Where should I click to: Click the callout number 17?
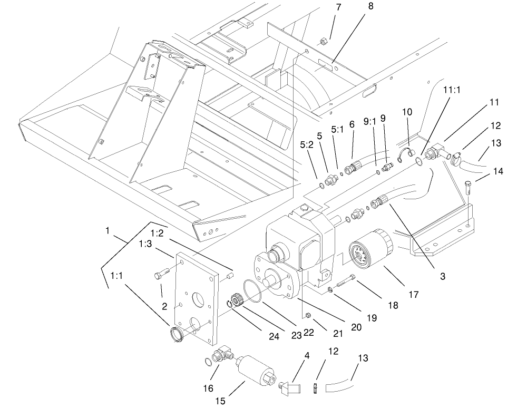click(x=413, y=295)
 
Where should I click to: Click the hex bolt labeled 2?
click(x=161, y=275)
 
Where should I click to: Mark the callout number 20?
click(x=356, y=327)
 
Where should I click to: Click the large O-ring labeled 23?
click(x=253, y=292)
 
